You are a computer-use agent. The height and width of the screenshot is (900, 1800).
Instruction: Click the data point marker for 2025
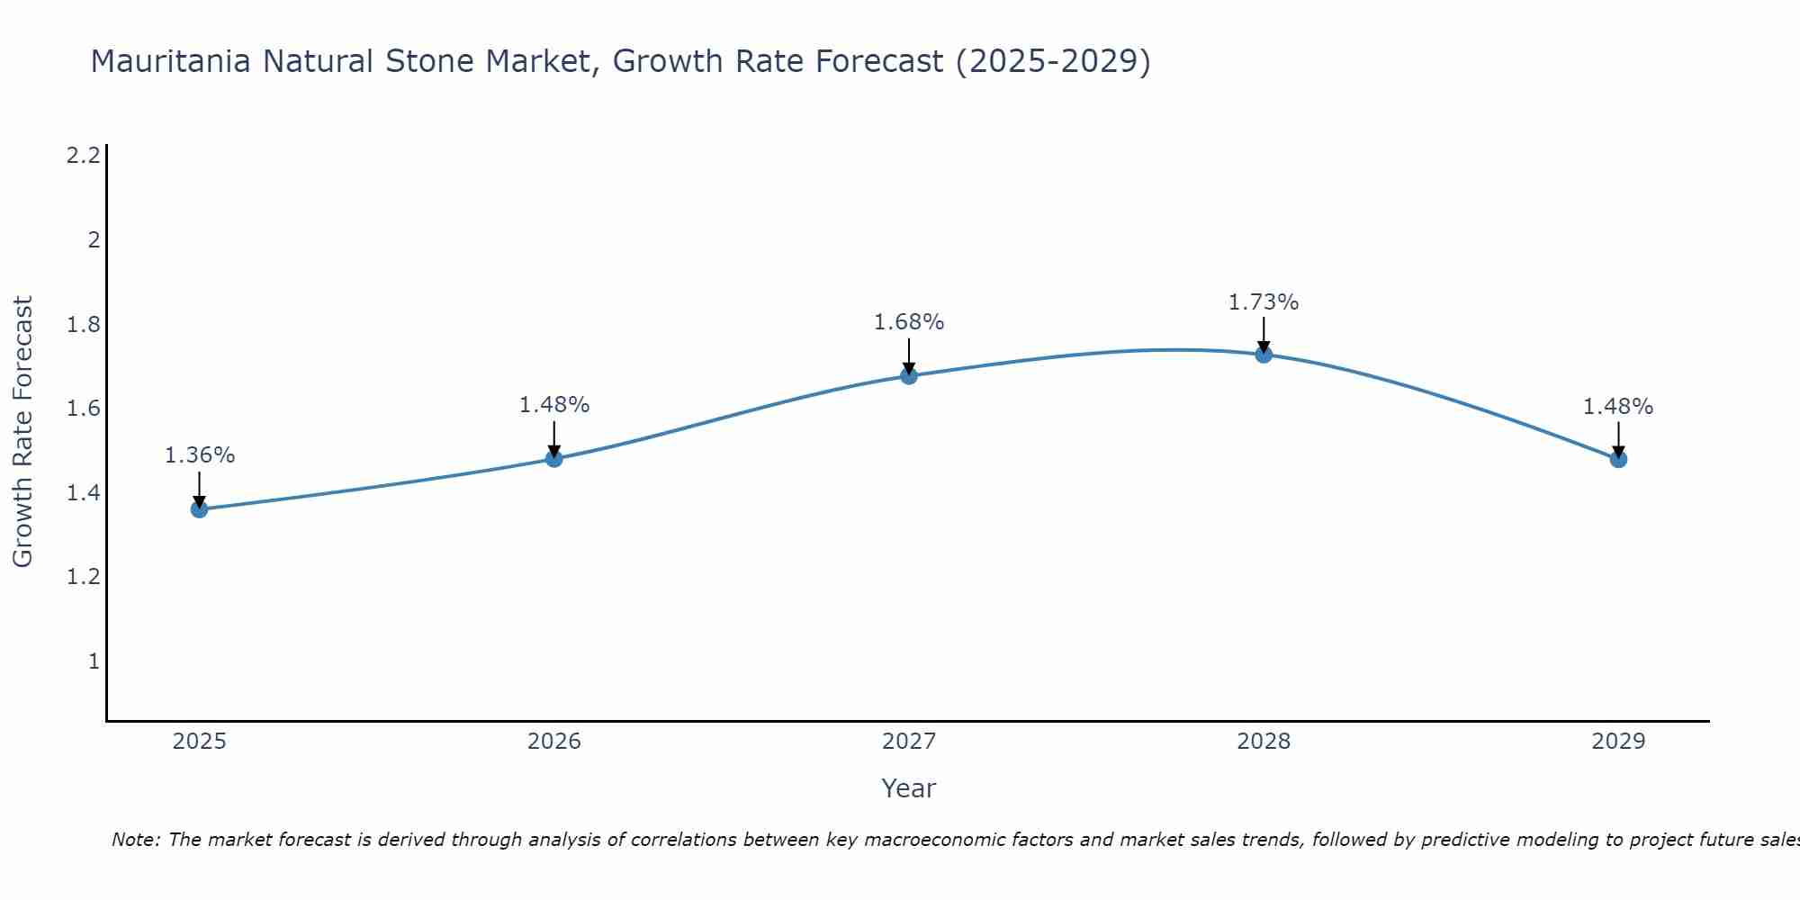click(199, 509)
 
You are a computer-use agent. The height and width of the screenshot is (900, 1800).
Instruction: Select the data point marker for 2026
click(554, 459)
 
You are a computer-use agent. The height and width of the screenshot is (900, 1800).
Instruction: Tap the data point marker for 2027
click(909, 375)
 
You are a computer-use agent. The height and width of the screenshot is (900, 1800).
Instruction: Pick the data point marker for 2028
click(1264, 354)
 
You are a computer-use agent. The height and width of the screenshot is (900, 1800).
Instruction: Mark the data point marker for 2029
click(1618, 459)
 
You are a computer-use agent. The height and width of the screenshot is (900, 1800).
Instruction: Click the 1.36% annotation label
click(199, 455)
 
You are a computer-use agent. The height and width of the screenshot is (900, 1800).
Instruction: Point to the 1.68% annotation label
click(909, 322)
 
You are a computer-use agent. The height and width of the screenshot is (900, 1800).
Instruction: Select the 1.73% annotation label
click(1264, 302)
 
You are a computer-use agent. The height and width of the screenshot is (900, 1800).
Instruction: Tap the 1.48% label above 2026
click(554, 405)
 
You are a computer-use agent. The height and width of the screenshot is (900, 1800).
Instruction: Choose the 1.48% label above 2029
click(1618, 407)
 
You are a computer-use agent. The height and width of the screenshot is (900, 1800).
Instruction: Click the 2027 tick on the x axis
click(909, 742)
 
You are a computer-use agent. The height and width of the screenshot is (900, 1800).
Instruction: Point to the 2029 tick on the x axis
click(1618, 742)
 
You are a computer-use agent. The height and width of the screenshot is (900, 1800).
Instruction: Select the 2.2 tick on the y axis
click(83, 156)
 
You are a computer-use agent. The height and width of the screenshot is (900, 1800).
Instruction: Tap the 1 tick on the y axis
click(94, 661)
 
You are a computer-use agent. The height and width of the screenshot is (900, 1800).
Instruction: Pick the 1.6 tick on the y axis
click(83, 409)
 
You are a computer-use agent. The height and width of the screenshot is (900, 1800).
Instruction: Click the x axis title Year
click(909, 788)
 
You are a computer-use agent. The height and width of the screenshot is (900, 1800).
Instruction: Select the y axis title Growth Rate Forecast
click(22, 432)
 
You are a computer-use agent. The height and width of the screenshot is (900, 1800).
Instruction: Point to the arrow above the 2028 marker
click(1264, 335)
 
